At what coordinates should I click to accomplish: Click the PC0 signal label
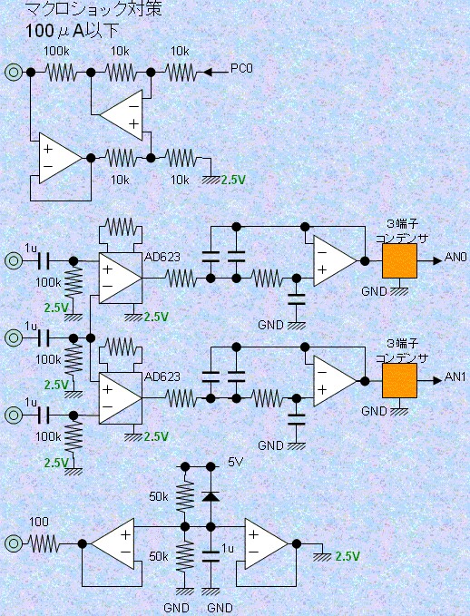(x=241, y=68)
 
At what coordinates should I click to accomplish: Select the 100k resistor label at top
(x=56, y=51)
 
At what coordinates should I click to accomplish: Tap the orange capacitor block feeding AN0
(x=399, y=261)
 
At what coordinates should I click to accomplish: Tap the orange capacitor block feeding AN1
(x=399, y=381)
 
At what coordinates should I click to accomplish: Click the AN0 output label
(x=455, y=257)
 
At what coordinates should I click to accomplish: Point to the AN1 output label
(x=455, y=376)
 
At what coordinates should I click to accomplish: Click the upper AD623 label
(x=162, y=257)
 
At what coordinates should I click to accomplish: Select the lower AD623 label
(x=162, y=376)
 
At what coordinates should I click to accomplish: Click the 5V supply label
(x=235, y=462)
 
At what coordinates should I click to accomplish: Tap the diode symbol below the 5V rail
(x=211, y=496)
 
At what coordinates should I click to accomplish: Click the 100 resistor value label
(x=39, y=522)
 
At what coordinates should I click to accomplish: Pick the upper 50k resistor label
(x=159, y=496)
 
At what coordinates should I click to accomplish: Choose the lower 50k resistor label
(x=159, y=556)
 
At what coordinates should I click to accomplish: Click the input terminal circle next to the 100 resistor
(x=14, y=543)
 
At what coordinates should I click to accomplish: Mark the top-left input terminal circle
(x=14, y=73)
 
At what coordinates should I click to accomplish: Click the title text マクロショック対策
(x=93, y=9)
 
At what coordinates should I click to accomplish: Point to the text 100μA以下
(x=72, y=31)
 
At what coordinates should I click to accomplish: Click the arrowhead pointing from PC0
(x=208, y=73)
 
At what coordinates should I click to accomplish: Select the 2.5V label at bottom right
(x=348, y=556)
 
